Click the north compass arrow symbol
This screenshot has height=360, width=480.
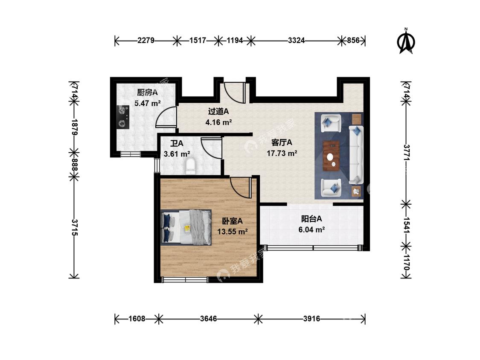pyautogui.click(x=406, y=41)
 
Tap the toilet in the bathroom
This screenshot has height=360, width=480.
pyautogui.click(x=190, y=165)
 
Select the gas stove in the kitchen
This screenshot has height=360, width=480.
pyautogui.click(x=123, y=116)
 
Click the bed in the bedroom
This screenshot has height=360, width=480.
pyautogui.click(x=186, y=227)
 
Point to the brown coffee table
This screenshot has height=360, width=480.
pyautogui.click(x=331, y=156)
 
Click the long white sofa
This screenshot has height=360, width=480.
pyautogui.click(x=356, y=155)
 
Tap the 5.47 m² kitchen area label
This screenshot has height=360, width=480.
pyautogui.click(x=148, y=103)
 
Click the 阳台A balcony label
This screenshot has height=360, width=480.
pyautogui.click(x=311, y=219)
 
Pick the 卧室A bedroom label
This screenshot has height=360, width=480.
pyautogui.click(x=233, y=221)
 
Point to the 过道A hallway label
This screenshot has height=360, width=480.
pyautogui.click(x=218, y=111)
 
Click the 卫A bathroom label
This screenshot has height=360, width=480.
pyautogui.click(x=177, y=143)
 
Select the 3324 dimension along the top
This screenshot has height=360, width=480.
pyautogui.click(x=297, y=41)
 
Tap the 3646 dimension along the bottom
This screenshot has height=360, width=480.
pyautogui.click(x=209, y=319)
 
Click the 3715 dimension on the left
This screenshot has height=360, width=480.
pyautogui.click(x=75, y=227)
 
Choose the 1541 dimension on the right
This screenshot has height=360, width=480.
pyautogui.click(x=406, y=225)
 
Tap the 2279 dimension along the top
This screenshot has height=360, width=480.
pyautogui.click(x=146, y=41)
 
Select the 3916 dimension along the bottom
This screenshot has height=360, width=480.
pyautogui.click(x=311, y=319)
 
